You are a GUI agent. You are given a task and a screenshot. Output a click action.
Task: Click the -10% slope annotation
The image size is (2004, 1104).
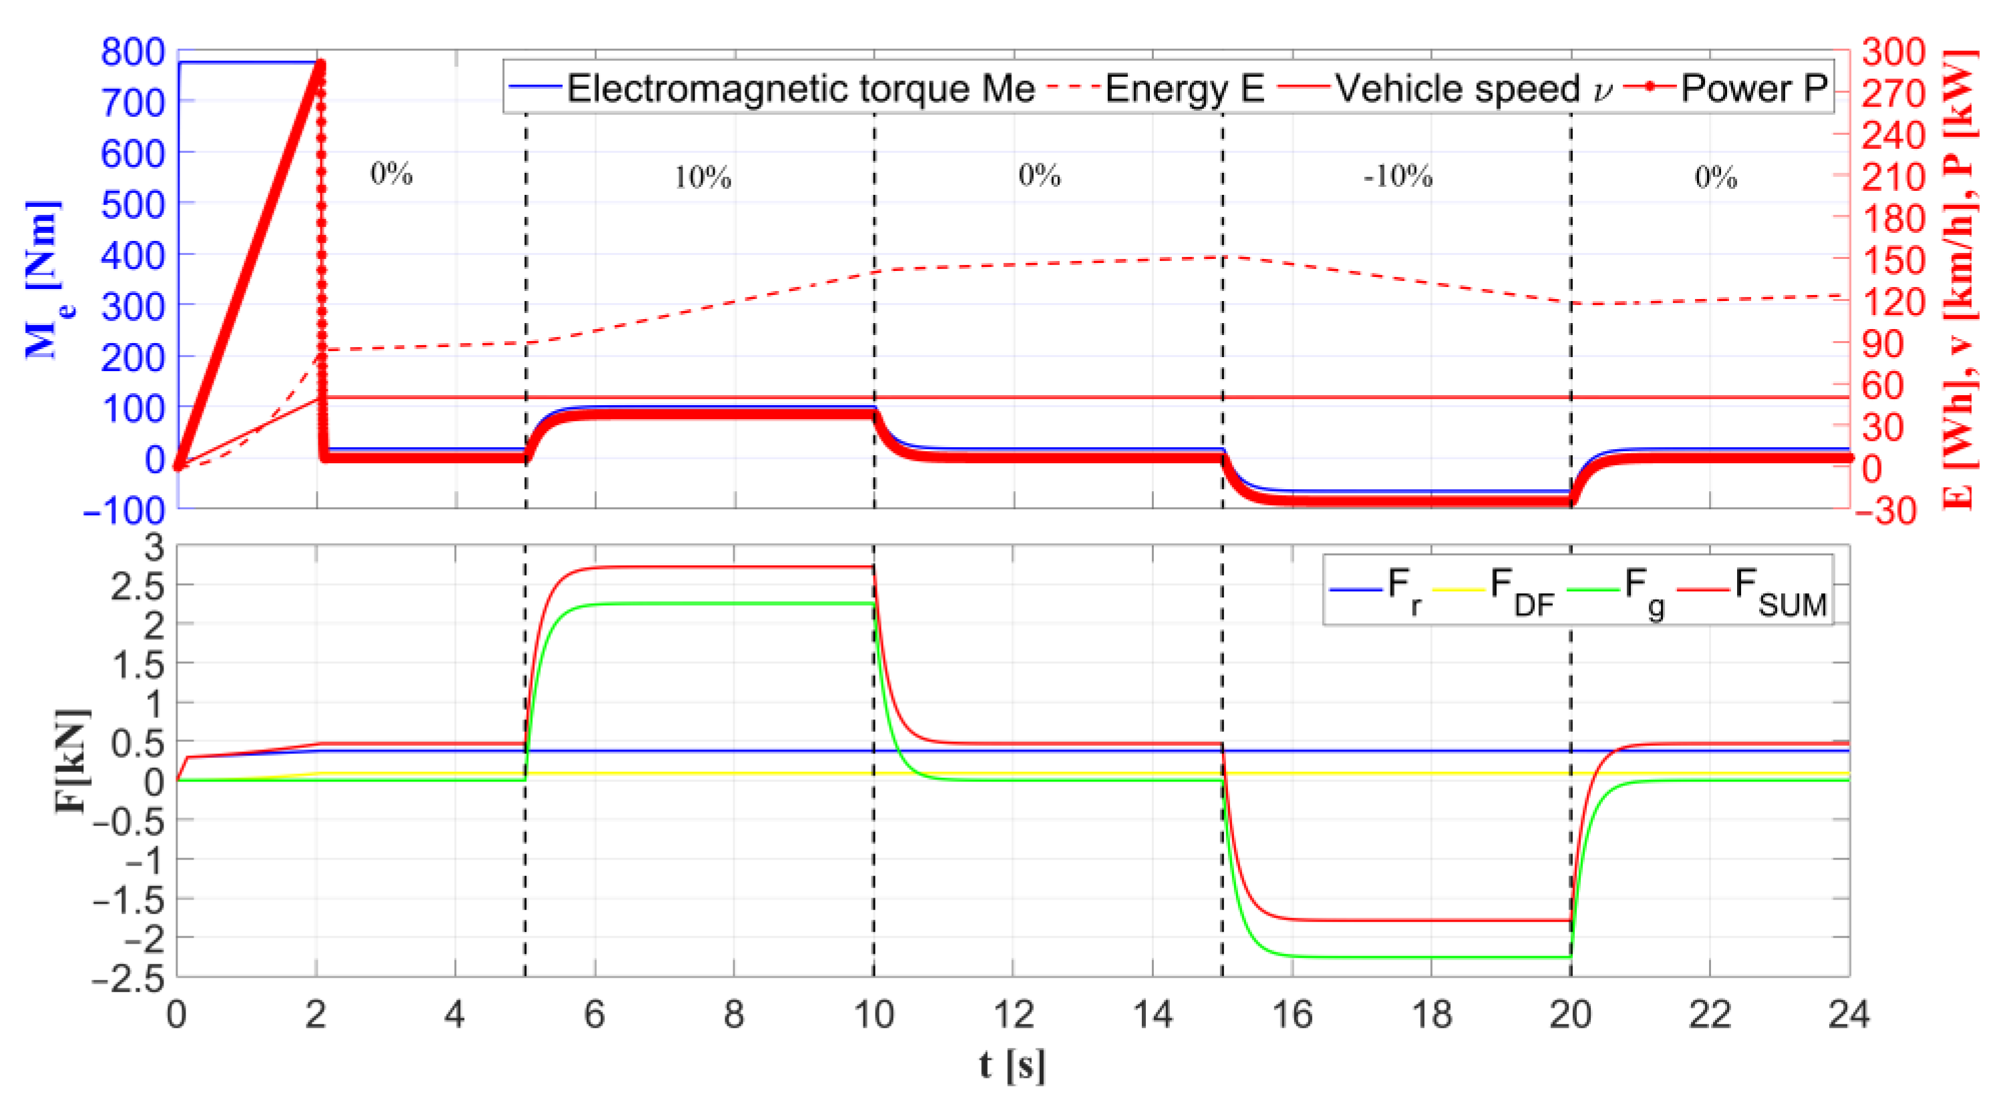coord(1397,177)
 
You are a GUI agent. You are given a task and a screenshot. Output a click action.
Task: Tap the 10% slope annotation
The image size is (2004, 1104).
coord(702,178)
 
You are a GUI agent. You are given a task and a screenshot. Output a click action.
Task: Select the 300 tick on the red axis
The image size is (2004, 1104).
coord(1893,52)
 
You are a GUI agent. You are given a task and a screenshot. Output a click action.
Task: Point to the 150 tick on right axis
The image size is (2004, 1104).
coord(1893,260)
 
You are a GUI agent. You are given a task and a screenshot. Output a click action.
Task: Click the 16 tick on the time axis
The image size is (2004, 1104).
coord(1291,1015)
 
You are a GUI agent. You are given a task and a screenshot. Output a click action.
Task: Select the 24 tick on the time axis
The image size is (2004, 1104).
coord(1849,1015)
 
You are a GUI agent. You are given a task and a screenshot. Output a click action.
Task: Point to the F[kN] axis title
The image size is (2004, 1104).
coord(71,760)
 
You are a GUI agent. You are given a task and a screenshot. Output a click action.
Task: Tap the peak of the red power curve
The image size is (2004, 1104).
coord(319,65)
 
